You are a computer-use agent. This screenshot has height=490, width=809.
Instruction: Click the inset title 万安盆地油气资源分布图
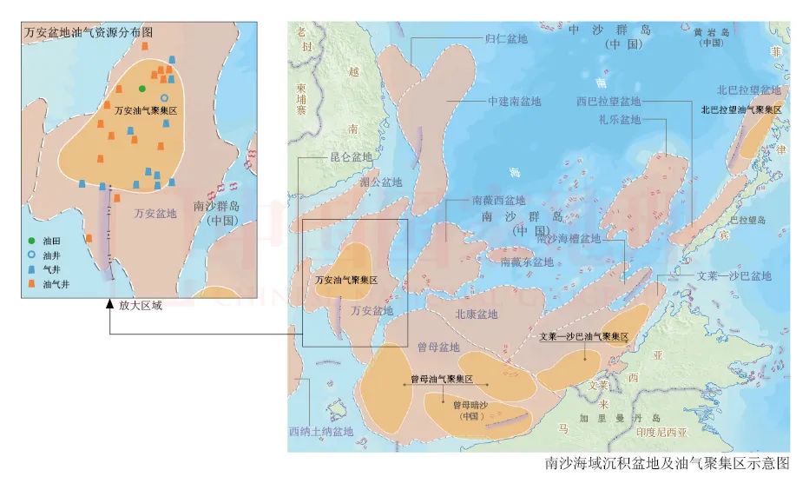click(89, 31)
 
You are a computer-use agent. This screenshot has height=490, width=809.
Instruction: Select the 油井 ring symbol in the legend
click(32, 256)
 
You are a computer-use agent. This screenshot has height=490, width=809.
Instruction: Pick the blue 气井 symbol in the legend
click(32, 270)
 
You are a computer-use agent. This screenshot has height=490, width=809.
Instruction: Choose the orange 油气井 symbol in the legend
click(32, 284)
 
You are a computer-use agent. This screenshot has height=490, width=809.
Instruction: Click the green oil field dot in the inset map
click(142, 89)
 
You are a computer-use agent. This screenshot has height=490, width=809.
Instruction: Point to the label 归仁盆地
click(506, 38)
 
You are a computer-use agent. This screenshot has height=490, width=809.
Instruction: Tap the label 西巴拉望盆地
click(608, 101)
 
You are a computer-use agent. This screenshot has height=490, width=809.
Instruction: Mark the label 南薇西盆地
click(498, 201)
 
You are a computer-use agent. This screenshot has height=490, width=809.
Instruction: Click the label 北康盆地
click(477, 314)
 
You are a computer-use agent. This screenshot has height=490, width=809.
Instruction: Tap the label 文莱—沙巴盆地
click(733, 276)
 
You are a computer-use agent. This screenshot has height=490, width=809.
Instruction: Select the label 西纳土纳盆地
click(321, 432)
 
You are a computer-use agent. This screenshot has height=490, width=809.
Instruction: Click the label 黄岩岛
click(710, 31)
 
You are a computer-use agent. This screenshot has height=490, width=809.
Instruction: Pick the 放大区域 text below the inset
click(141, 305)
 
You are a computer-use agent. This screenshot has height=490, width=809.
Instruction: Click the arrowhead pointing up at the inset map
click(109, 304)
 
